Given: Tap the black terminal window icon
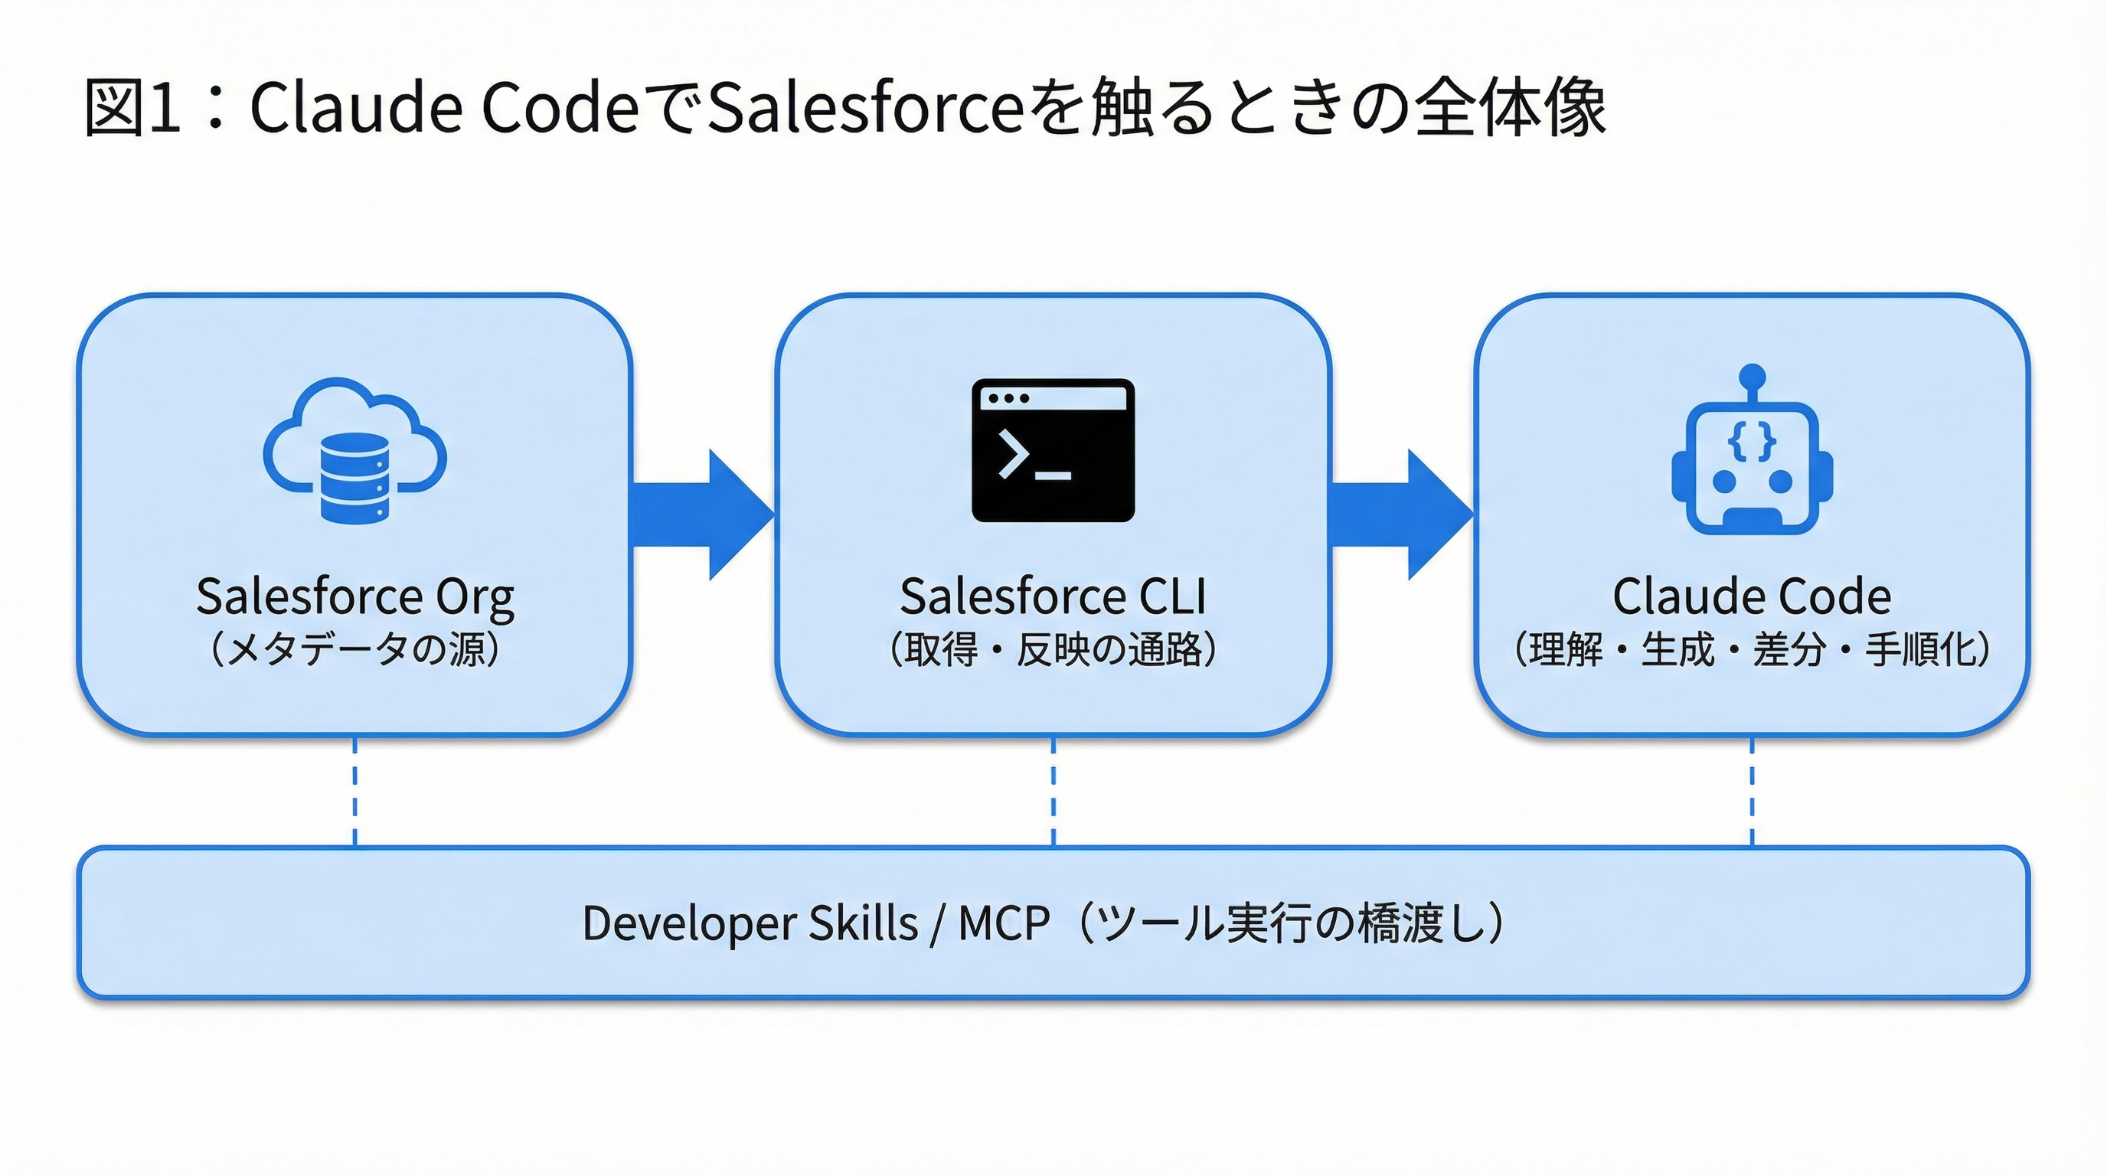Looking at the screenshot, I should coord(1053,449).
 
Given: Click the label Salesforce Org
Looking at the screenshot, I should coord(355,596).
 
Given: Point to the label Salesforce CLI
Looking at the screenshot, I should coord(1053,596).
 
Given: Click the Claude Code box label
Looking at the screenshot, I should coord(1752,596).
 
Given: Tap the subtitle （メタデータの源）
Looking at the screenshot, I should coord(355,650).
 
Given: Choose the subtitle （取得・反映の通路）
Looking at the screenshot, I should coord(1053,650).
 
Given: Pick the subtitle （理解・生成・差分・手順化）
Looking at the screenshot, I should coord(1752,650).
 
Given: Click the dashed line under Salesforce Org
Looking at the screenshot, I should coord(355,792).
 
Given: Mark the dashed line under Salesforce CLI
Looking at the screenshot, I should coord(1053,792).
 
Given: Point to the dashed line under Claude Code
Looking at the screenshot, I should coord(1752,792).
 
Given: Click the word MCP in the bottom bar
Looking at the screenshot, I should coord(1004,923).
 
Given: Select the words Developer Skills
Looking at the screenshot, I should coord(750,923).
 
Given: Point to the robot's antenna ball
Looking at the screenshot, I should coord(1752,377).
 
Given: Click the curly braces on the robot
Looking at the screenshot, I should coord(1752,442).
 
